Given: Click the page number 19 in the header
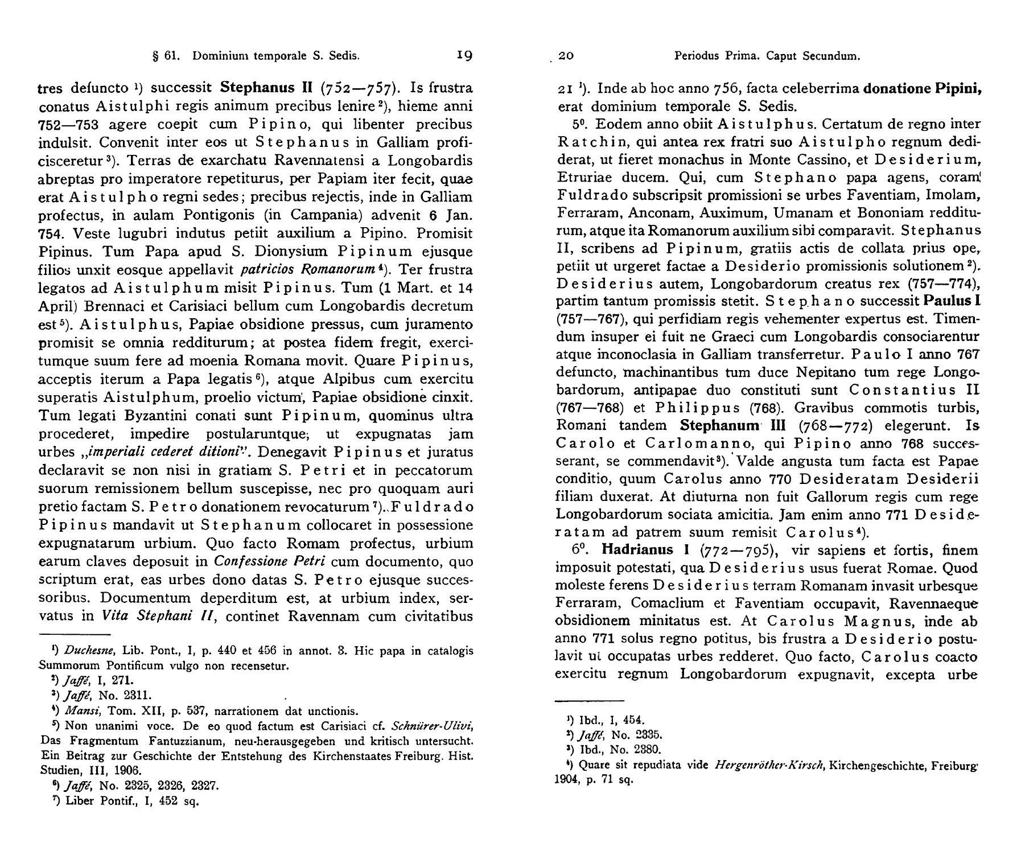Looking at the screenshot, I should click(465, 55).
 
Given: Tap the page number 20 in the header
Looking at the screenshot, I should click(566, 56).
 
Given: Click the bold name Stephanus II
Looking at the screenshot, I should click(267, 88).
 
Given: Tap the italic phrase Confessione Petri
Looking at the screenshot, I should click(269, 561).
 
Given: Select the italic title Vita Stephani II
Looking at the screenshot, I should click(155, 616).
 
